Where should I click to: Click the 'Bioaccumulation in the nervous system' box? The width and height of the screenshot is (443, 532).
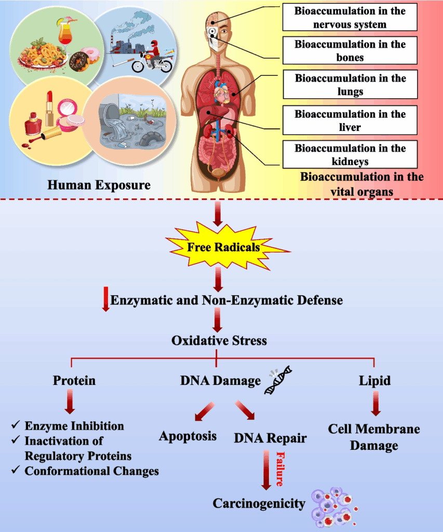350,18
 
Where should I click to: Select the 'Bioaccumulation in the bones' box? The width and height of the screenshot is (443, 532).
350,50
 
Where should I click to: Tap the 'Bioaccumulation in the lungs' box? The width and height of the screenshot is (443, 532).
350,85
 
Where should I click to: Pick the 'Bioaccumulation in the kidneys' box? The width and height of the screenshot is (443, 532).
350,154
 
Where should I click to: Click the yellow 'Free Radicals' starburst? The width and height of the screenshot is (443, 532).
223,247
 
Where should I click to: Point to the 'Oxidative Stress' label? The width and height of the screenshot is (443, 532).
219,341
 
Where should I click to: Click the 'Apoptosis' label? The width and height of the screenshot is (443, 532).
187,435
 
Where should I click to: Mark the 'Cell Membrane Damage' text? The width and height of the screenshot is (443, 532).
373,437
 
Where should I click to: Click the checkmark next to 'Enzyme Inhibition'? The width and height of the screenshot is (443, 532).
16,426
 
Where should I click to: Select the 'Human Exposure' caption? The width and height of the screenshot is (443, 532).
99,185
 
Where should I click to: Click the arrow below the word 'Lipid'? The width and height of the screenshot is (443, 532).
374,404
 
